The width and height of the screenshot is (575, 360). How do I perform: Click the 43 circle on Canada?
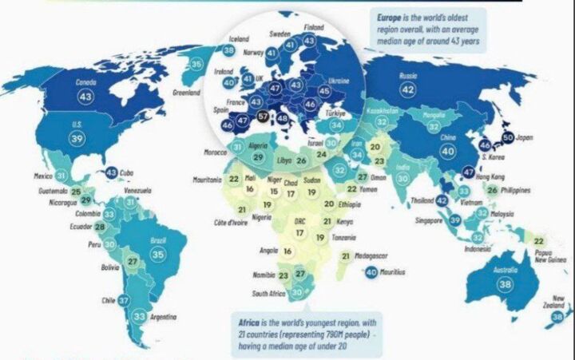coord(85,96)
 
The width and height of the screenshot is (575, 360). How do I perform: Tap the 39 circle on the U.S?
coord(77,138)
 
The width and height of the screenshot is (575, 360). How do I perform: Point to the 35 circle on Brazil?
coord(158,254)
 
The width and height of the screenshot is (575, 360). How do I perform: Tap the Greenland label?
coord(187,92)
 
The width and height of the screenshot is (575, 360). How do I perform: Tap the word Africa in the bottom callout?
coord(250,322)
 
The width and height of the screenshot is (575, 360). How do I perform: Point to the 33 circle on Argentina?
coord(139,318)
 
